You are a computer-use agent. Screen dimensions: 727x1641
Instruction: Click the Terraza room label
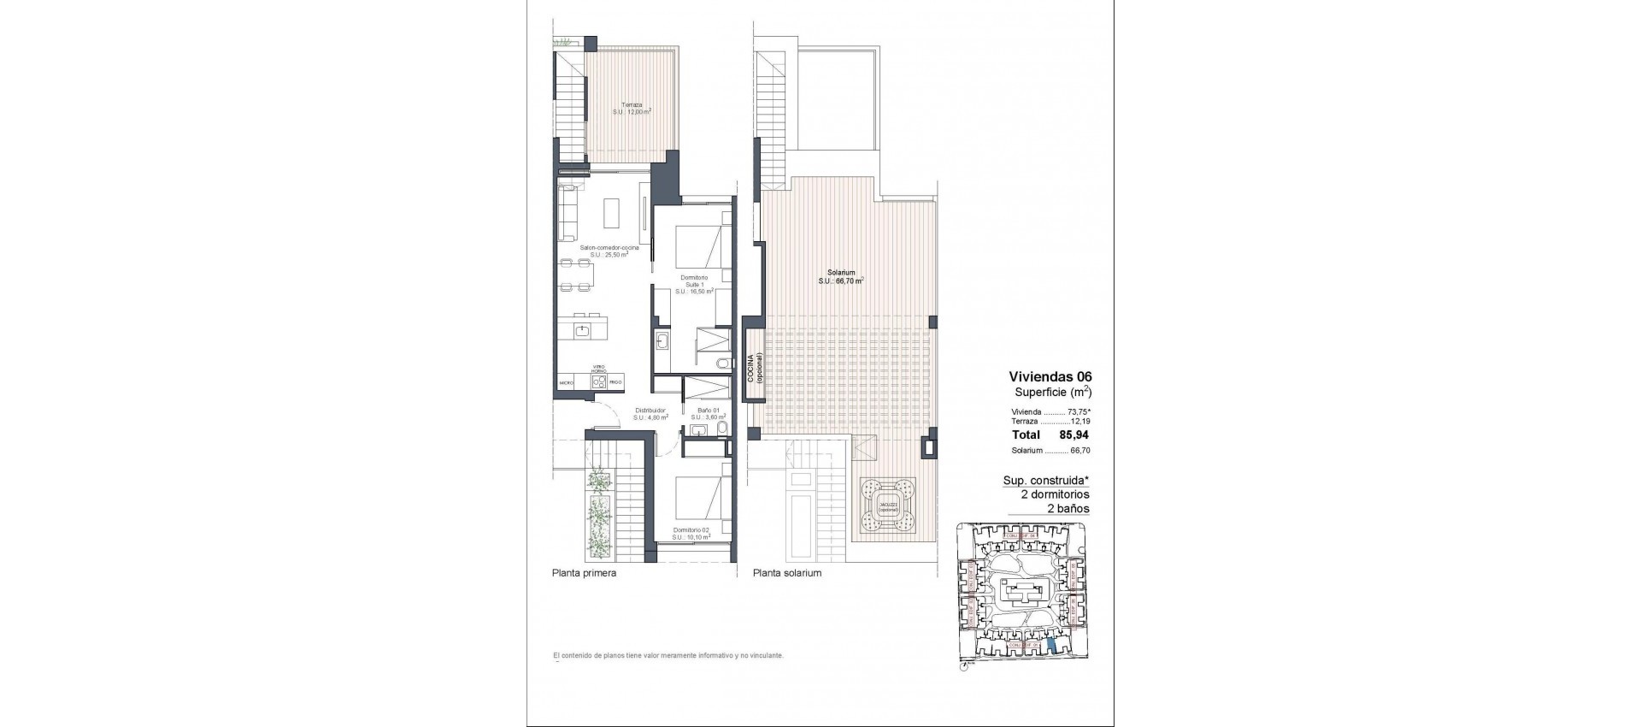coord(632,108)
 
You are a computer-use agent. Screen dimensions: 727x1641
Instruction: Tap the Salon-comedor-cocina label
coord(609,251)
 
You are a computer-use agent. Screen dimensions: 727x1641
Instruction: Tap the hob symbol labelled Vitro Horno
coord(599,381)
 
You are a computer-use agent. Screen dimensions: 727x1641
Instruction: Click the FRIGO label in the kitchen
coord(615,382)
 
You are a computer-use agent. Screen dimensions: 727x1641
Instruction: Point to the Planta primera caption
coord(584,573)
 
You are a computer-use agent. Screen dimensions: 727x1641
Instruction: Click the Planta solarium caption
coord(786,573)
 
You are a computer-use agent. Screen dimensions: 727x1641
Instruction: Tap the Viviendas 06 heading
coord(1050,376)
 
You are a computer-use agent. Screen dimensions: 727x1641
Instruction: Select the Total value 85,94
coord(1074,434)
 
